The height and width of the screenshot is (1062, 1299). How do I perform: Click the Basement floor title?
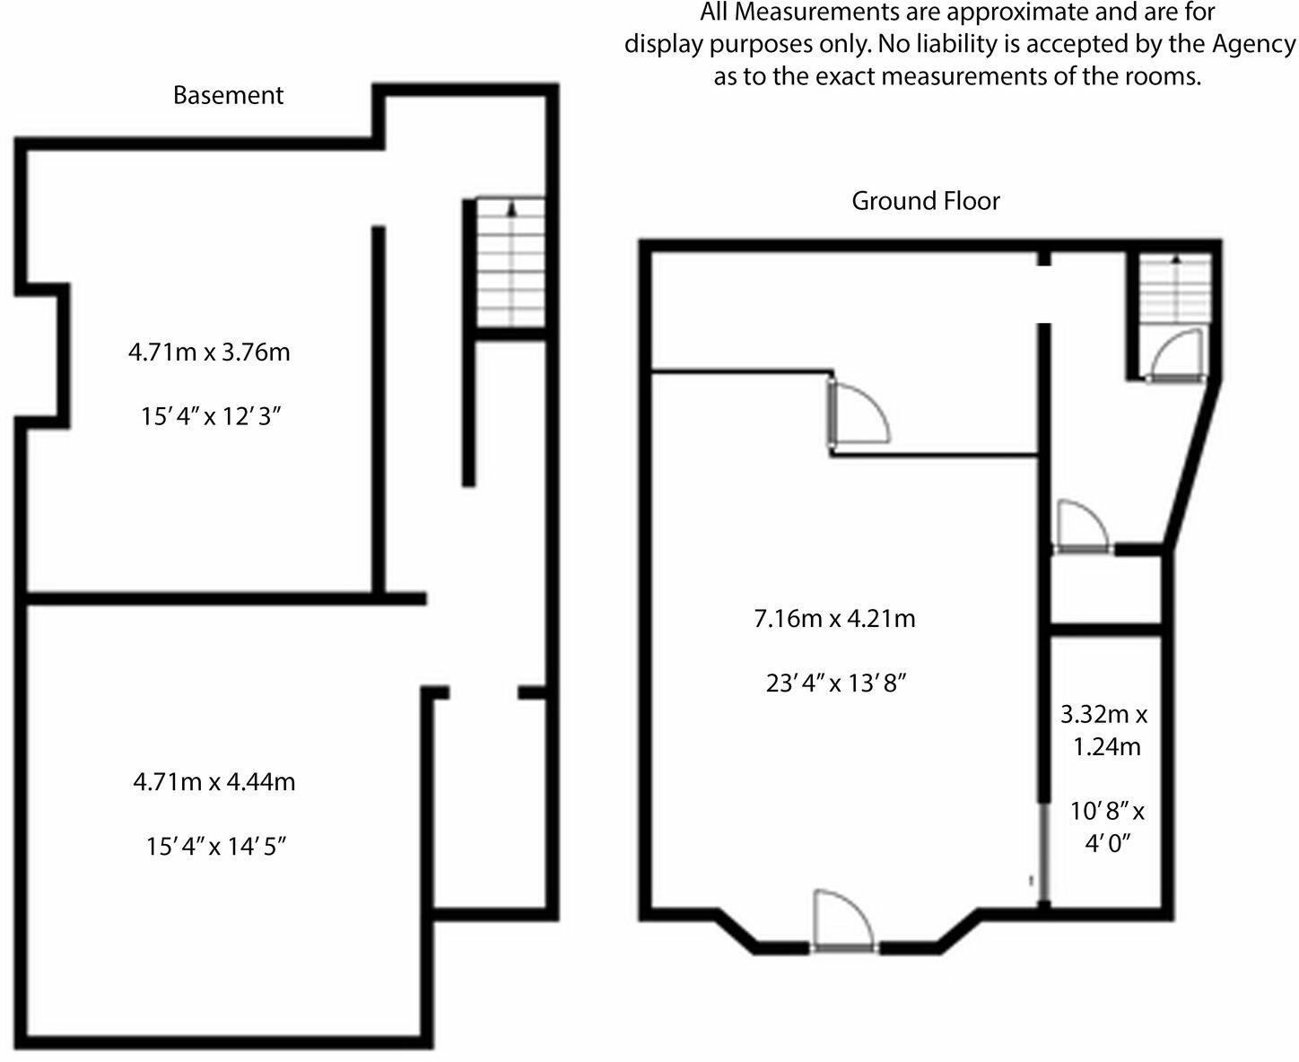228,95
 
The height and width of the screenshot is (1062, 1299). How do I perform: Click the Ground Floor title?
925,201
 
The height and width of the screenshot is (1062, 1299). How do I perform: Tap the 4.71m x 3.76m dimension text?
209,353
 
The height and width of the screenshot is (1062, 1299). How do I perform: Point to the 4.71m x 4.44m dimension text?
214,782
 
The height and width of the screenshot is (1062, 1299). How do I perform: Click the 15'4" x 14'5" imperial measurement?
216,847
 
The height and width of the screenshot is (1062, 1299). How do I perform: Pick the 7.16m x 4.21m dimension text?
834,619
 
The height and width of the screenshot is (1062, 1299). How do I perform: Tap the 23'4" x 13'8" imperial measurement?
836,683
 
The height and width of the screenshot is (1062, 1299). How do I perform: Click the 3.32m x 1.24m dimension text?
1104,730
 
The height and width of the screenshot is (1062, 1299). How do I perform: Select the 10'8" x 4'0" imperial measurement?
1107,827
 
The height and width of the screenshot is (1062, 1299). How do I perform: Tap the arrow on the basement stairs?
512,208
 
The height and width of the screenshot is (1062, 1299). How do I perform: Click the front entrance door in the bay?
842,919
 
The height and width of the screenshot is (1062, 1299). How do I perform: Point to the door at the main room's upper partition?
858,413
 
